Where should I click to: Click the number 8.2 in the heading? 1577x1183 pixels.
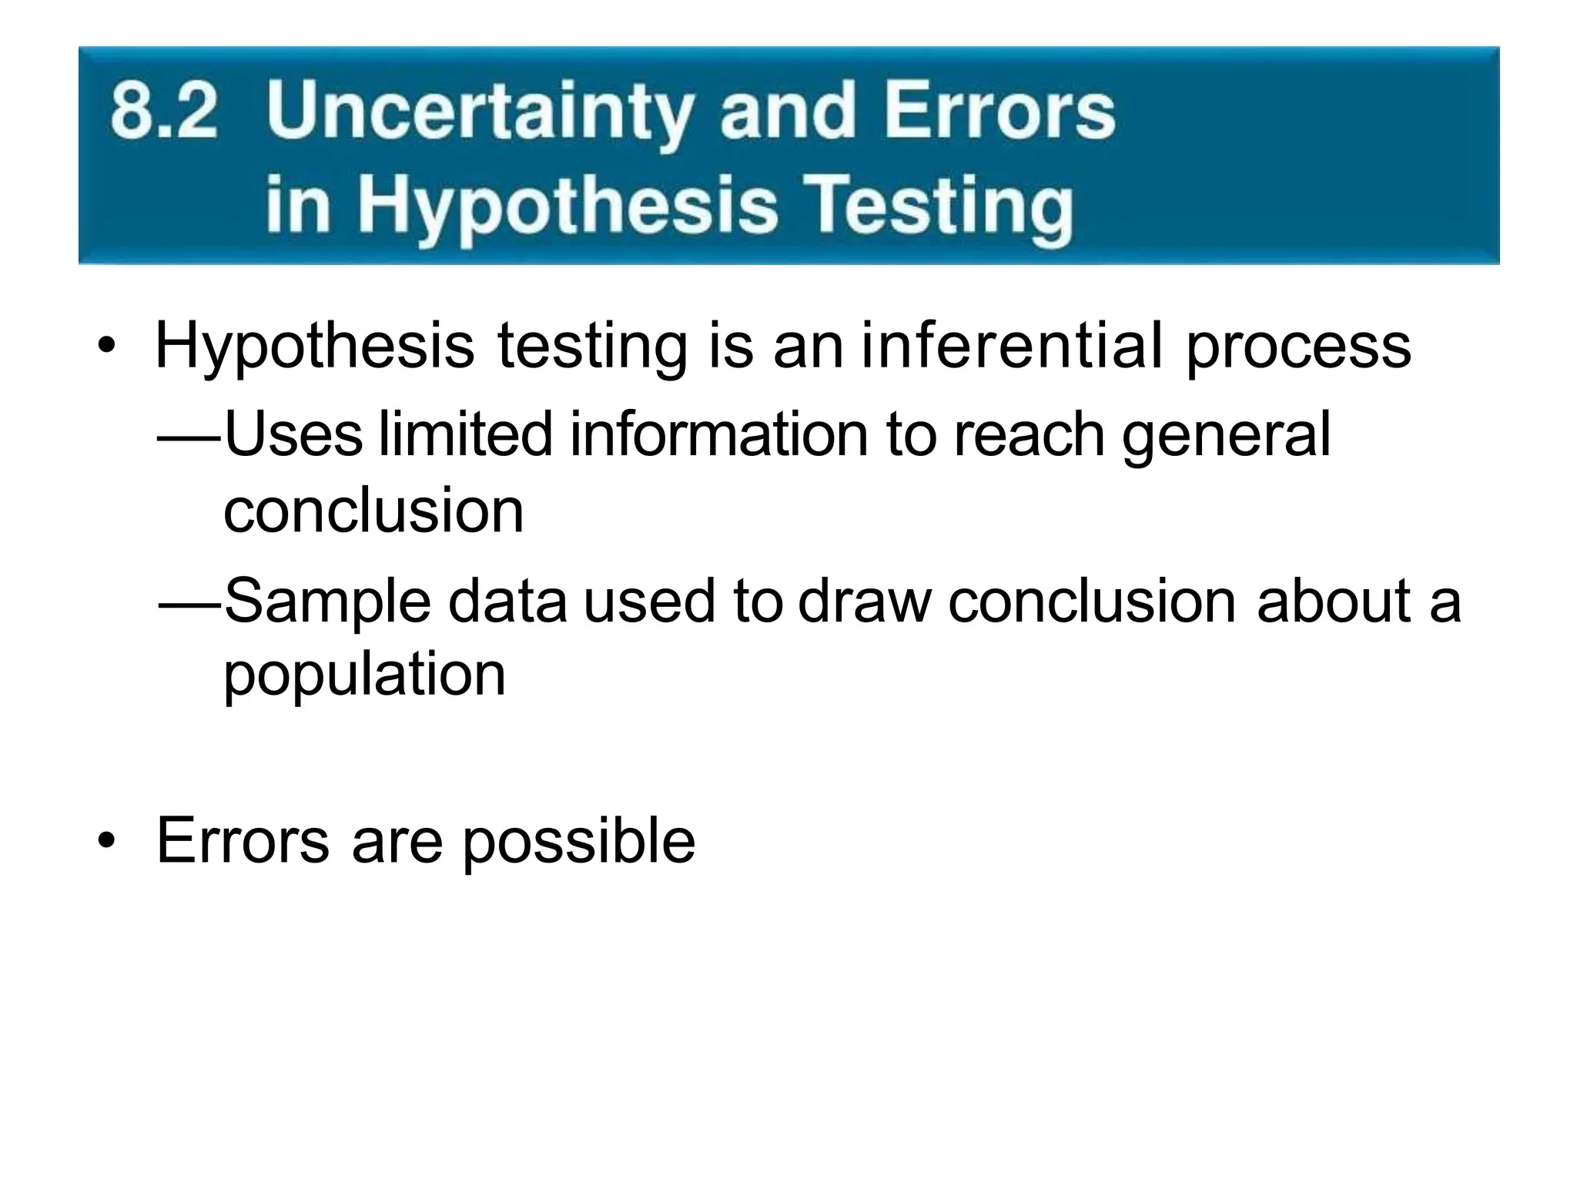pyautogui.click(x=164, y=112)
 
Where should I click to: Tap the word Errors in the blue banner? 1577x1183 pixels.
pyautogui.click(x=999, y=112)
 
